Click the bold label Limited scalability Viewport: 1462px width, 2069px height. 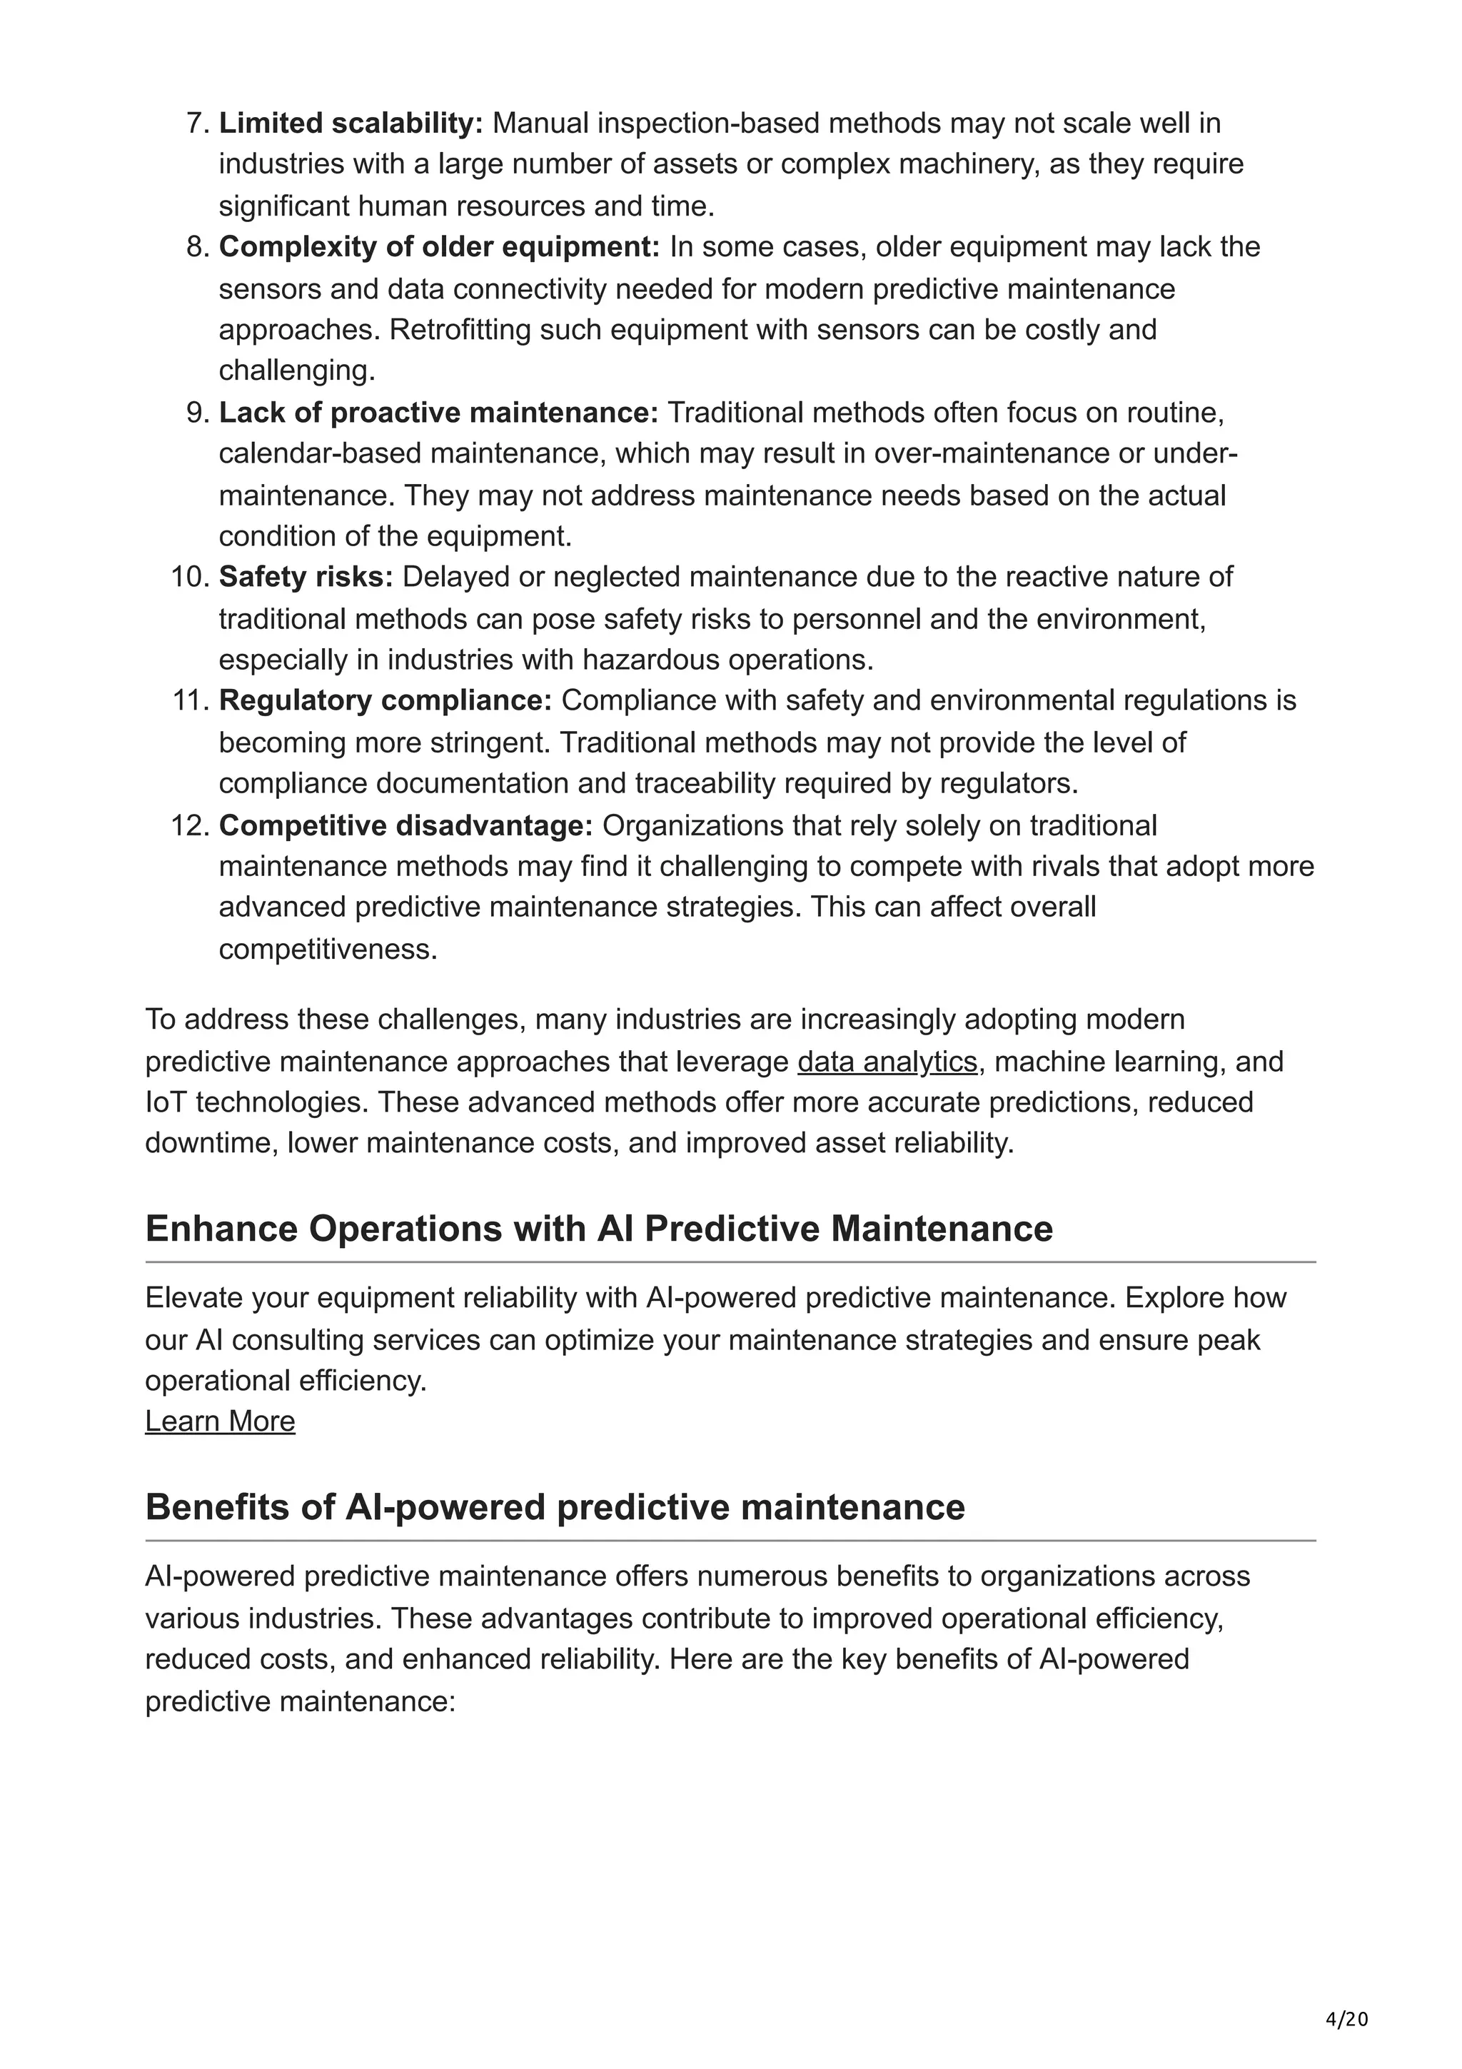pos(351,123)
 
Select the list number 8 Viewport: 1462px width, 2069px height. pos(196,247)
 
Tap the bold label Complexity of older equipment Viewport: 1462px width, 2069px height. pos(439,247)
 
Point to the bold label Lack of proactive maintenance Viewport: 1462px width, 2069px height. pos(438,413)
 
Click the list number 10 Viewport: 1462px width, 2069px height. pos(189,577)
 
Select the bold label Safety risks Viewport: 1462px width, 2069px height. pos(306,577)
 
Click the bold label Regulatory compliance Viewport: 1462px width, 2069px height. pos(385,700)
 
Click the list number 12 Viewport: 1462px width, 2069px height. pos(189,825)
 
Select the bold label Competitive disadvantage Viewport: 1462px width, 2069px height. pos(405,825)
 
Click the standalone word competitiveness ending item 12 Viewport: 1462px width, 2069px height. pos(328,950)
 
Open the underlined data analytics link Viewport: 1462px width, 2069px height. pos(887,1062)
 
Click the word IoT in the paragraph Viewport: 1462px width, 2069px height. pos(166,1102)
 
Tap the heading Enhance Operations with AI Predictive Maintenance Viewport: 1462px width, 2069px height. pos(599,1229)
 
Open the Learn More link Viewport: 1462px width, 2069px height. pos(220,1421)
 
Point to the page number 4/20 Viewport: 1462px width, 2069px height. pos(1346,2020)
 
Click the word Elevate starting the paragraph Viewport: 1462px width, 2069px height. pos(193,1298)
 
